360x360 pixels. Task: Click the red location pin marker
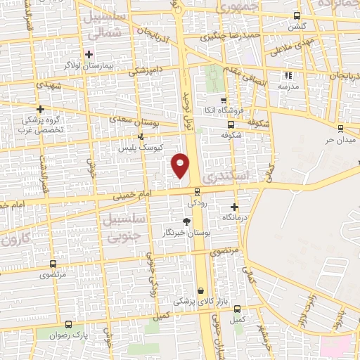click(181, 165)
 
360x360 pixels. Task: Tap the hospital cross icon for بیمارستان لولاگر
click(89, 54)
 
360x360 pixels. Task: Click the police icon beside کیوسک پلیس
click(141, 136)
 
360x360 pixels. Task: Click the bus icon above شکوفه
click(231, 123)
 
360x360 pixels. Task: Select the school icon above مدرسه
click(287, 75)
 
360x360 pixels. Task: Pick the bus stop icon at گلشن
click(297, 15)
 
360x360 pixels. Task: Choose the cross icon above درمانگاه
click(235, 207)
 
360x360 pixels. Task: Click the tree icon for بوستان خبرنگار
click(186, 221)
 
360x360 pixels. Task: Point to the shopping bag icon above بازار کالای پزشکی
click(201, 290)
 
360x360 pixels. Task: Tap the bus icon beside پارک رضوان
click(68, 325)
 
